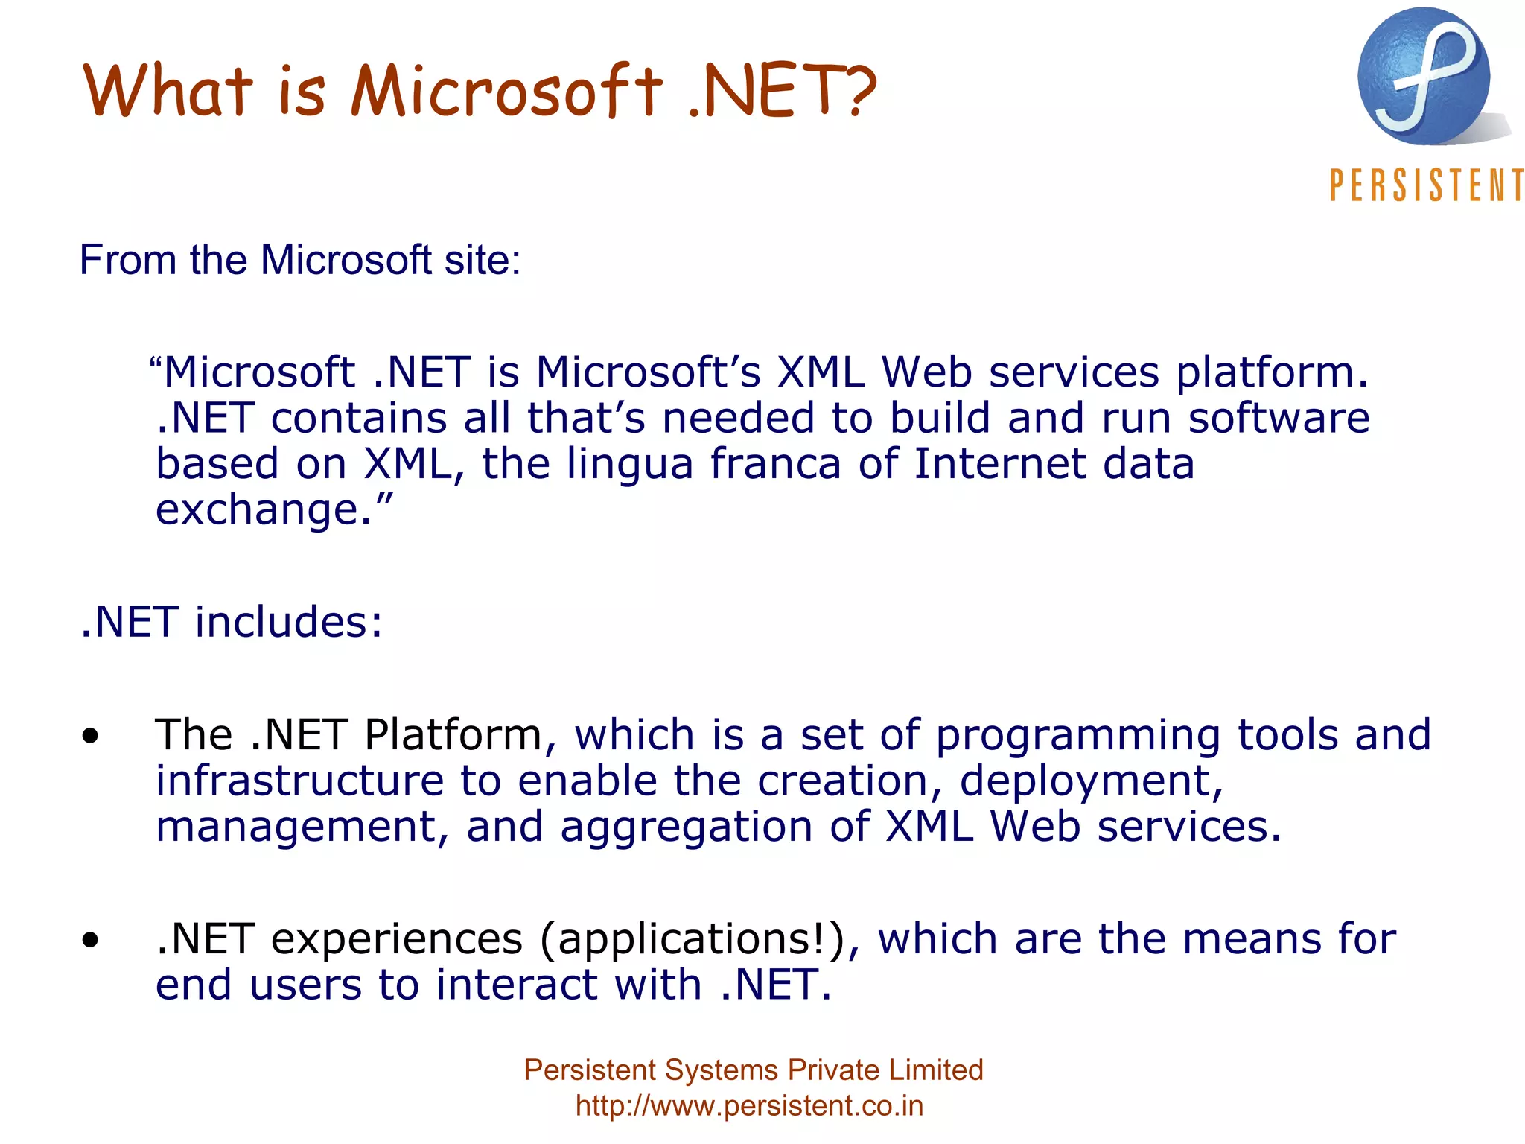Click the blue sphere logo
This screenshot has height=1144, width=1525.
click(1424, 77)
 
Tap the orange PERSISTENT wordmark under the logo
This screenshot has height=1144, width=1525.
click(1426, 185)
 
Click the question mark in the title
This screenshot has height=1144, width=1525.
click(858, 91)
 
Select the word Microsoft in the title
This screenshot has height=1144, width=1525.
click(506, 91)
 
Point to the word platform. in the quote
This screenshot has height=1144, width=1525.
click(1272, 372)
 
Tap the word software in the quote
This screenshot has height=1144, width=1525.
click(1279, 418)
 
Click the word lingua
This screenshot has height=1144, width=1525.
click(630, 465)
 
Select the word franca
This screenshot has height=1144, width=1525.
click(775, 463)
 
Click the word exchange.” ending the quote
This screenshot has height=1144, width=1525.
click(273, 510)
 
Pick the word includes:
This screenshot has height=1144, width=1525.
click(289, 622)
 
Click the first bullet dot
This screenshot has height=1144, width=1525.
click(90, 737)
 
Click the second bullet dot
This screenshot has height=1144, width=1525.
click(90, 940)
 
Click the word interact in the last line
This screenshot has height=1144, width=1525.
click(516, 985)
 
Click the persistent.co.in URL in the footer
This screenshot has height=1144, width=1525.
click(749, 1106)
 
